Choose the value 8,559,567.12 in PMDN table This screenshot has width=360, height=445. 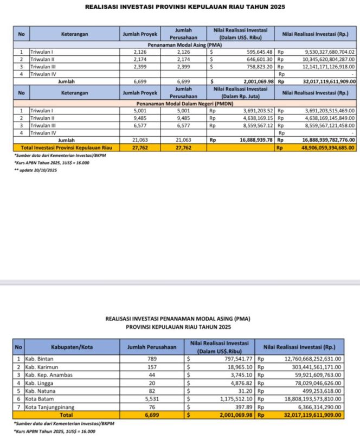tap(258, 124)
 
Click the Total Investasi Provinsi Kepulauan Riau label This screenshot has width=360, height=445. tap(66, 147)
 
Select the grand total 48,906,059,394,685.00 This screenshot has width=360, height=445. tap(322, 147)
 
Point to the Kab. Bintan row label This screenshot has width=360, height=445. tap(40, 358)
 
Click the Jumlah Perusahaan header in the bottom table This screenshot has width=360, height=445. tap(152, 347)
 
